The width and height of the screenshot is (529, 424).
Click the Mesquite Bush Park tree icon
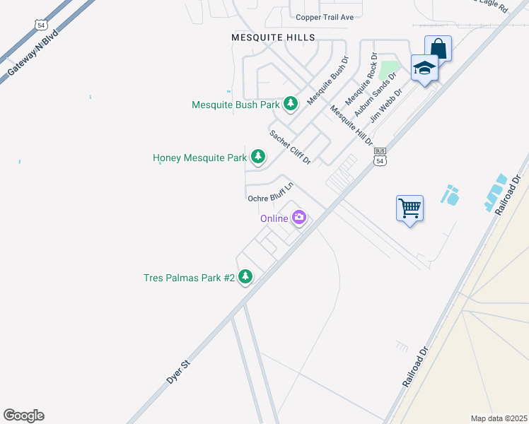[290, 104]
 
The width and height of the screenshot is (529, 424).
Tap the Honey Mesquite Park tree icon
[259, 157]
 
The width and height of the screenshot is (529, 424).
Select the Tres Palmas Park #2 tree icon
[245, 277]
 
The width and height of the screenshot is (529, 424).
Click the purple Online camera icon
[299, 218]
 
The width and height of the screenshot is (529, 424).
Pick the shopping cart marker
[409, 208]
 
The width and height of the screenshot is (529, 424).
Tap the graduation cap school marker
[424, 69]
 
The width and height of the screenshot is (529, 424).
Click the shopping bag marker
[438, 49]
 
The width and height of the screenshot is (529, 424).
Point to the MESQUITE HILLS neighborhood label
[273, 37]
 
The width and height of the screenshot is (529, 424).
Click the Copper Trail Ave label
[325, 17]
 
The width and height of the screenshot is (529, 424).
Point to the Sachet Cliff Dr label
[290, 147]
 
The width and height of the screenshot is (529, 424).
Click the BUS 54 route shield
[380, 156]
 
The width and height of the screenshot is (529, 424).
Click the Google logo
[23, 416]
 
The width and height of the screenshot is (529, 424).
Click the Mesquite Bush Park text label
[236, 105]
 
